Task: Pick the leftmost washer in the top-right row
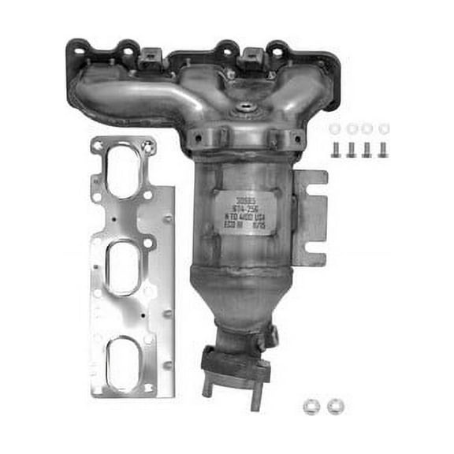coord(335,128)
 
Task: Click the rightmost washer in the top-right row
coord(383,128)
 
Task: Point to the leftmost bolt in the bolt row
coord(335,149)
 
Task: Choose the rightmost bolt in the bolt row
coord(383,149)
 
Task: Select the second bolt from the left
coord(352,149)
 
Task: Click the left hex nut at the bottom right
coord(311,406)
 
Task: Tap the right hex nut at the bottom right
coord(334,406)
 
